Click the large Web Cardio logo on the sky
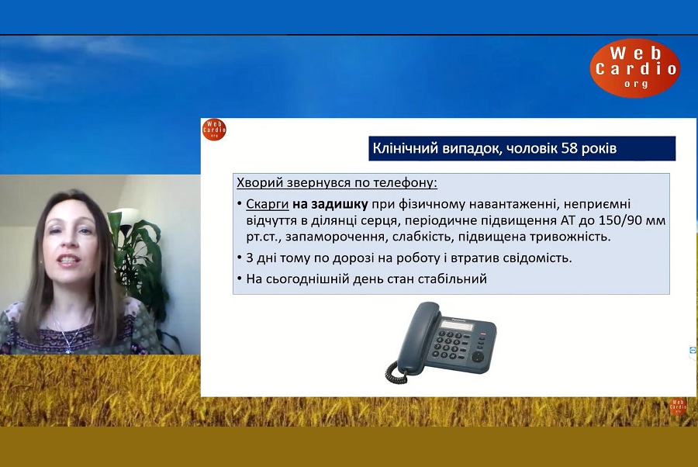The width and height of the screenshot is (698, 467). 634,67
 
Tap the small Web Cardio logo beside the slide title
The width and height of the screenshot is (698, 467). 214,130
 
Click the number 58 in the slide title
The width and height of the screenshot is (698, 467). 569,148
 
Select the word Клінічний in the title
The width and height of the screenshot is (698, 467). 405,148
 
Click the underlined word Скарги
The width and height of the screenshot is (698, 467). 268,204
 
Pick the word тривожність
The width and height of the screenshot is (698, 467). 570,237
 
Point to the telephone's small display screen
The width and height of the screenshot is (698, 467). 457,326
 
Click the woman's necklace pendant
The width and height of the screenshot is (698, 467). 68,349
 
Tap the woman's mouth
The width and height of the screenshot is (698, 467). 68,261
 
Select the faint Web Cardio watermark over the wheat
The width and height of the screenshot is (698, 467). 678,406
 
